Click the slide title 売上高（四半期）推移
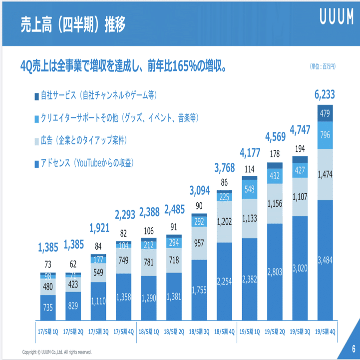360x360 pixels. [x=72, y=23]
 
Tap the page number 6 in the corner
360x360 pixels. [x=353, y=349]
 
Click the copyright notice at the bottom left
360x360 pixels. [x=57, y=352]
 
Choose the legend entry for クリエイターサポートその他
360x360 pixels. [x=117, y=117]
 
